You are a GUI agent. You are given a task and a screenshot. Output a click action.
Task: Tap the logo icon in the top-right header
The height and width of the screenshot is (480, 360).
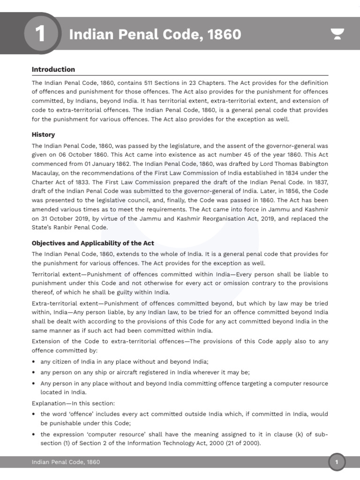337,35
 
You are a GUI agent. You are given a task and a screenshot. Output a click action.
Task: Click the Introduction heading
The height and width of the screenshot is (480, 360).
53,69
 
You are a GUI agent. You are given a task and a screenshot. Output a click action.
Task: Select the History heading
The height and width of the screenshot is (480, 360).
43,135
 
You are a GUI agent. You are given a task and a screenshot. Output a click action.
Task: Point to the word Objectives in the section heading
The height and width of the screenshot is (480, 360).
49,243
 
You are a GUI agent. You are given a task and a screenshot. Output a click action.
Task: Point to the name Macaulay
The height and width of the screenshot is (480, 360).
46,173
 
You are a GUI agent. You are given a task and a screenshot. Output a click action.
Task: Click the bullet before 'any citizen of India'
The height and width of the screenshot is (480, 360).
34,362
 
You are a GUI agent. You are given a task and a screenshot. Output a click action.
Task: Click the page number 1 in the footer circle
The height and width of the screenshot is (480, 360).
337,463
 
